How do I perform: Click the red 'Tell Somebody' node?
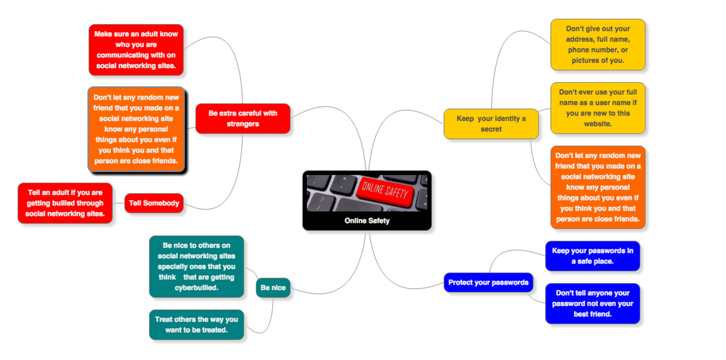pos(154,203)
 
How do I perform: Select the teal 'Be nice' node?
pos(273,288)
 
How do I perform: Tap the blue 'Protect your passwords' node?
pos(488,282)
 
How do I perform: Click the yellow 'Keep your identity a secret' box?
pos(491,124)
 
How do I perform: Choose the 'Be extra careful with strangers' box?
pos(243,118)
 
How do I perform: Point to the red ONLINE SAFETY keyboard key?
pos(385,192)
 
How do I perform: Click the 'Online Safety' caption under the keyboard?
pos(367,221)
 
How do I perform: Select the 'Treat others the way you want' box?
pos(196,325)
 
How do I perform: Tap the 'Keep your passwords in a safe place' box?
pos(592,256)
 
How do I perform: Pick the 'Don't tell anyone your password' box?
pos(592,303)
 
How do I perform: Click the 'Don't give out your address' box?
pos(598,45)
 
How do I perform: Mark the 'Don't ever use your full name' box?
pos(598,108)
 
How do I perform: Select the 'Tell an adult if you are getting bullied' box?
pos(65,203)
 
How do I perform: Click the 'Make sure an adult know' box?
pos(136,50)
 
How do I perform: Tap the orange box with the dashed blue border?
pos(136,129)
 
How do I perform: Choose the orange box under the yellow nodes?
pos(598,187)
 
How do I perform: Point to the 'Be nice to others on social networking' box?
pos(196,266)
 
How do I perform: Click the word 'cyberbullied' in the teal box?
pos(196,288)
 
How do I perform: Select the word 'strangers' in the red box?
pos(243,124)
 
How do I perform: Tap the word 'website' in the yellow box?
pos(597,124)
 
